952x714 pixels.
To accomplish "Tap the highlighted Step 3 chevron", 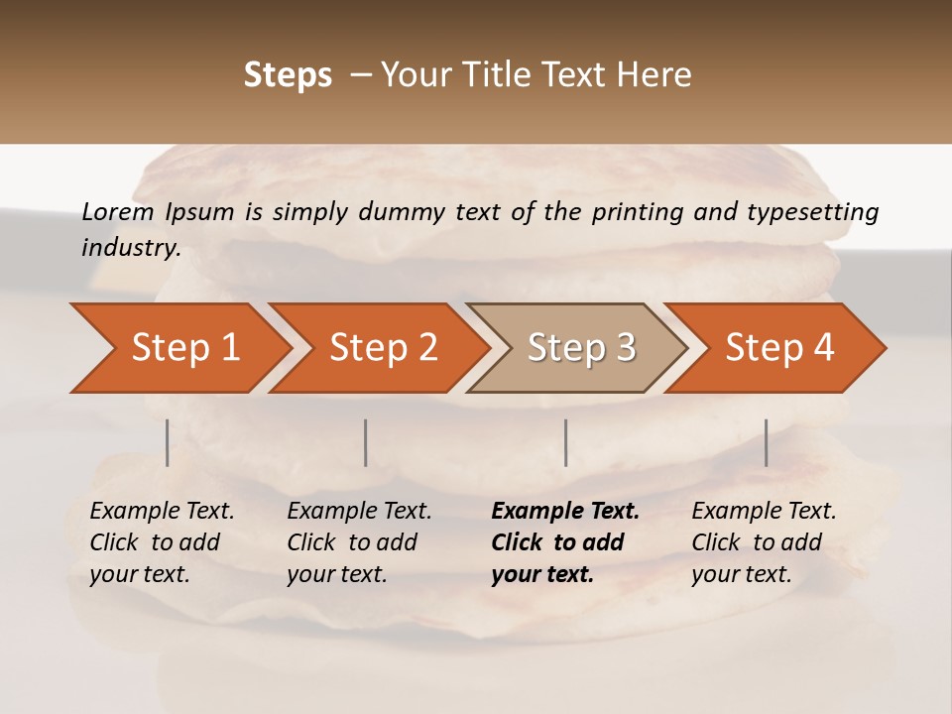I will [581, 348].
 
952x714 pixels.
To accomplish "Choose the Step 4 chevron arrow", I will [779, 348].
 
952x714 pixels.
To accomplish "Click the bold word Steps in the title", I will [288, 75].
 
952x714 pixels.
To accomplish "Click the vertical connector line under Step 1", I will [167, 442].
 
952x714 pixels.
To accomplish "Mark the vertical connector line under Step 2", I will [366, 442].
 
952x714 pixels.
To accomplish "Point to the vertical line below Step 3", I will [565, 442].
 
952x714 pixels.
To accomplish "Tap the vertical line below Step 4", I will [766, 442].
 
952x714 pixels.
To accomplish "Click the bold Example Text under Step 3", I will [565, 511].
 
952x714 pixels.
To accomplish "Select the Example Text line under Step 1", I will [162, 511].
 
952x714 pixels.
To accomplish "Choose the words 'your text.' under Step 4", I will [741, 574].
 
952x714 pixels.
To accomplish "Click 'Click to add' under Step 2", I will [352, 542].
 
